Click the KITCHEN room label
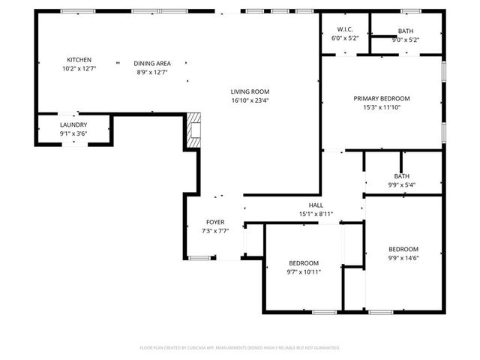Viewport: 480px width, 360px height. pos(79,60)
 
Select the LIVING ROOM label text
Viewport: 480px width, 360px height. pos(249,91)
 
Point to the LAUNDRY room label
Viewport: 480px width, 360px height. pos(73,125)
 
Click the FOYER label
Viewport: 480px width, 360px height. pos(215,223)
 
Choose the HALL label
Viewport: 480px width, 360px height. pos(316,205)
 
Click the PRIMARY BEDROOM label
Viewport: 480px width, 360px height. pos(382,98)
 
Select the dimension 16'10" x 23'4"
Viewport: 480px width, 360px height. pos(249,100)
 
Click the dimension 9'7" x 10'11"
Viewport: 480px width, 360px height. pos(304,271)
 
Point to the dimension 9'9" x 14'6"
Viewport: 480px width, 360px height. pos(403,258)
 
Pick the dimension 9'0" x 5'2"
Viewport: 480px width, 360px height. pos(405,40)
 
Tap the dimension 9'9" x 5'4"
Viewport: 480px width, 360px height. pos(401,184)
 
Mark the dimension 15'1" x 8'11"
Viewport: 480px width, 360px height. pos(316,214)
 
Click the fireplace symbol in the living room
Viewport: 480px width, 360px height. pos(194,130)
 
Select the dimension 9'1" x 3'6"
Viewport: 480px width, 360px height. pos(73,133)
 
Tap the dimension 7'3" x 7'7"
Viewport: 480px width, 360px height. pos(215,231)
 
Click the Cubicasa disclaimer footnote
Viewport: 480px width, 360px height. pos(240,348)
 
